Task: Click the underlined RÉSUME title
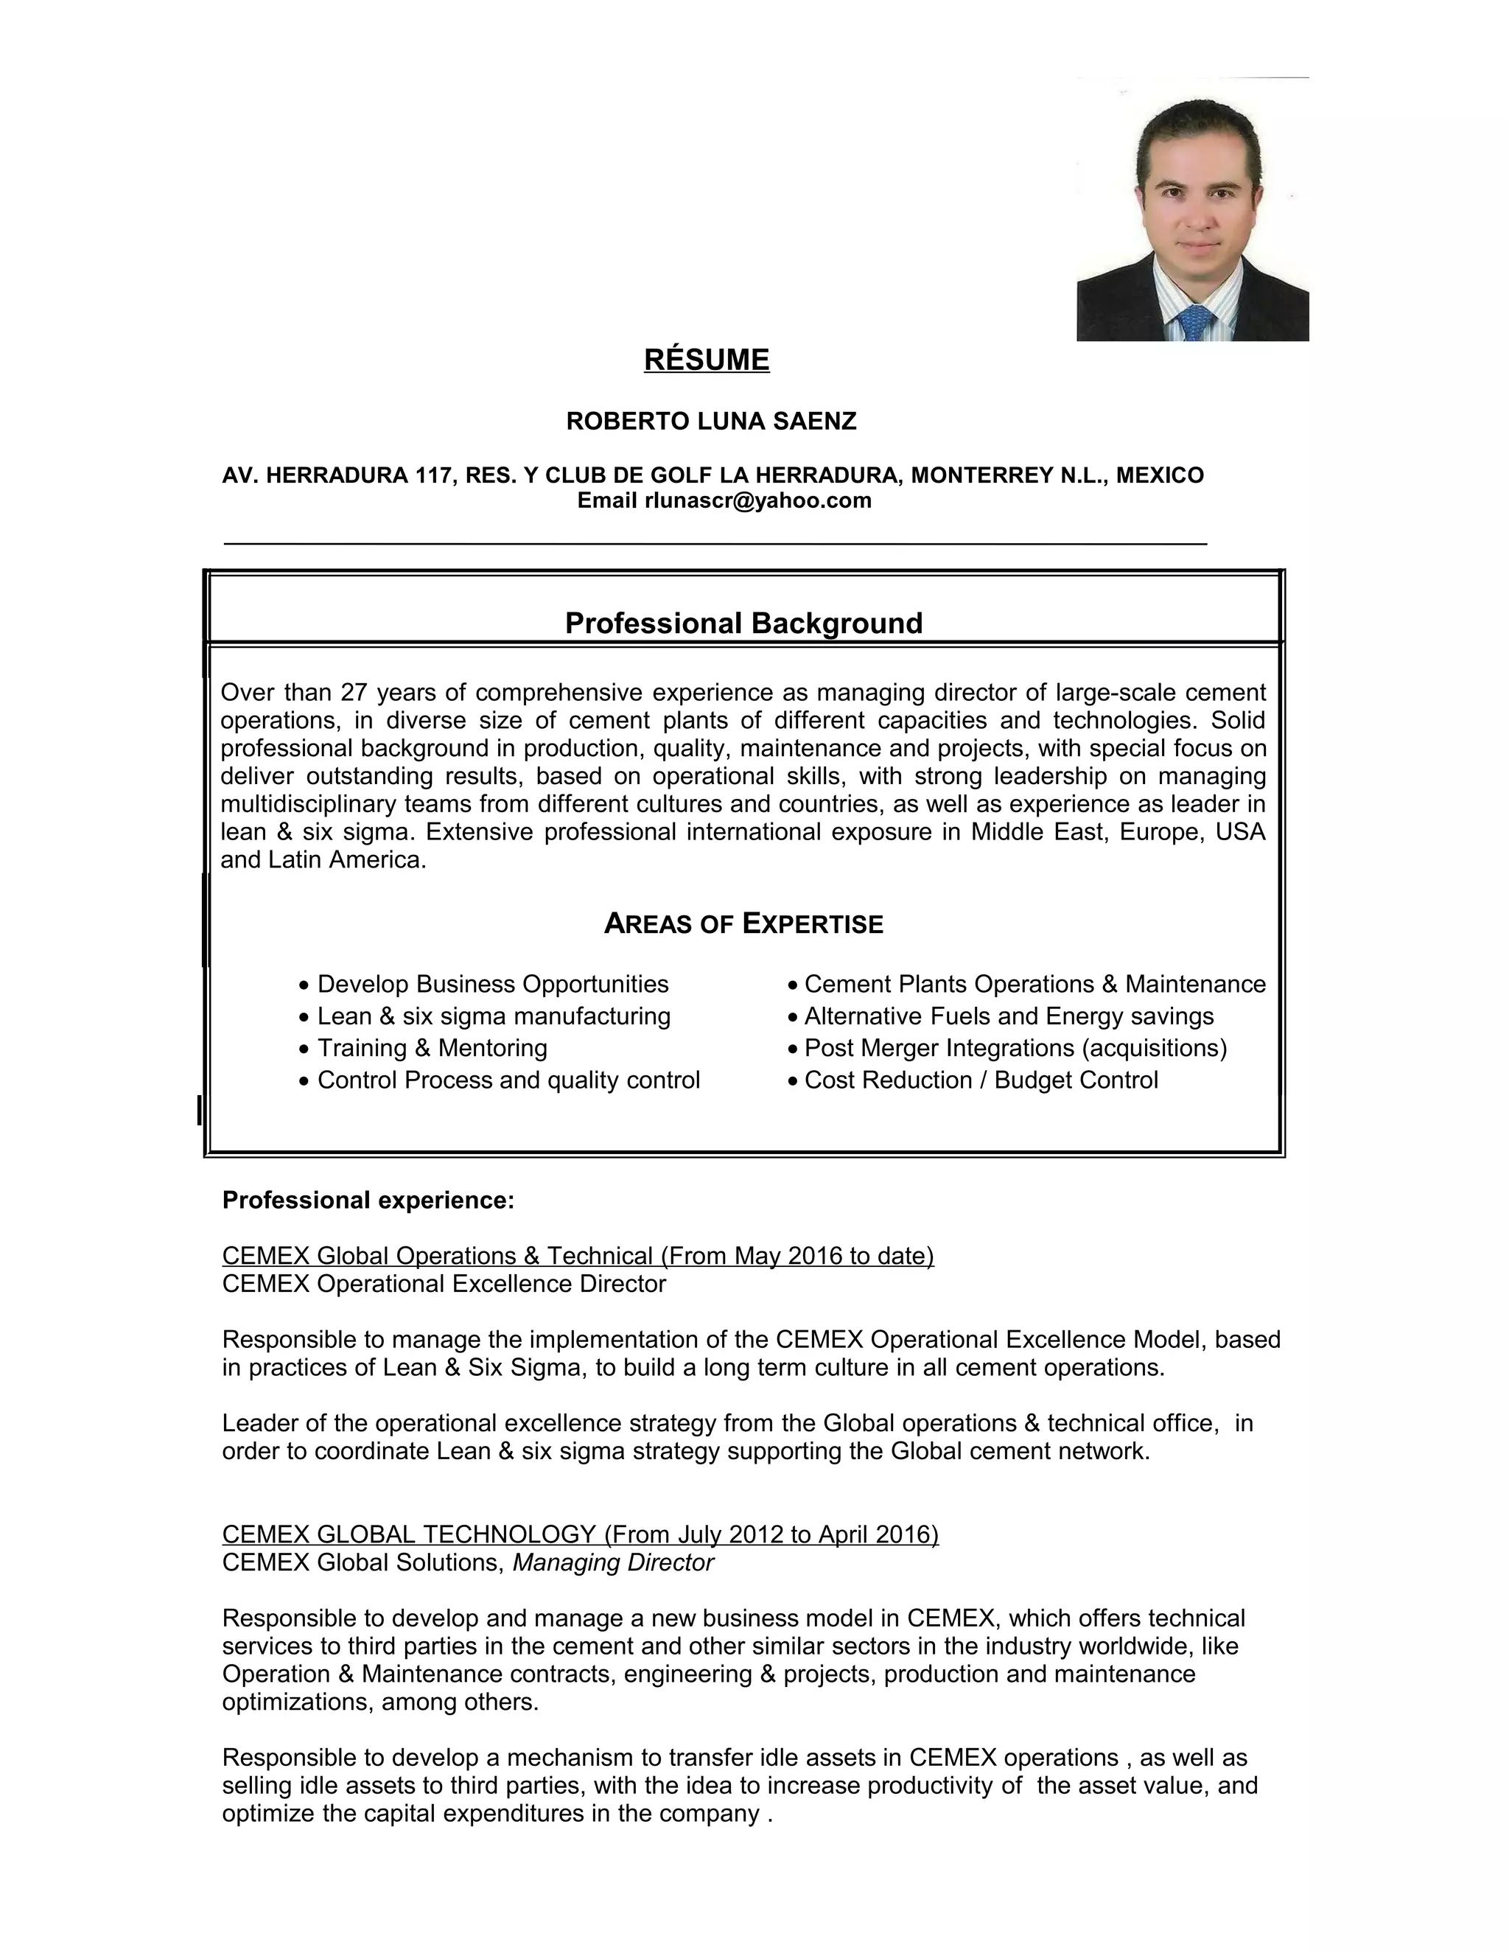(706, 360)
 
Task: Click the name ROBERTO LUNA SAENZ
(711, 421)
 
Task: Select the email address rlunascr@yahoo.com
(757, 500)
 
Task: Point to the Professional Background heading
(743, 623)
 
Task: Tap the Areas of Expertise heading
(743, 923)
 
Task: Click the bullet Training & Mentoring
(432, 1048)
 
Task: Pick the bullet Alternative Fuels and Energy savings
(1009, 1017)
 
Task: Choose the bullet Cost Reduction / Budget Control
(981, 1080)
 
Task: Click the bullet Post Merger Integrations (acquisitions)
(1015, 1048)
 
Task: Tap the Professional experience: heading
(368, 1200)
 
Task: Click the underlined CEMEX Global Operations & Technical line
(578, 1257)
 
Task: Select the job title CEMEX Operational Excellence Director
(444, 1284)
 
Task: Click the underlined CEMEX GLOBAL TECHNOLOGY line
(580, 1534)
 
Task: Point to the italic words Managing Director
(612, 1562)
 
